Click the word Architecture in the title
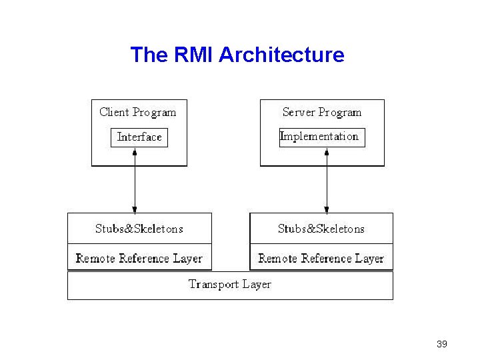(281, 55)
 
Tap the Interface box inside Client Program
(139, 137)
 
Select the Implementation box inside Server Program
(322, 137)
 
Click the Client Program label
(138, 112)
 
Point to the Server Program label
(321, 112)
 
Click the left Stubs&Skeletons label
(139, 229)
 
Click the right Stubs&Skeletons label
(321, 229)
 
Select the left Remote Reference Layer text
(139, 258)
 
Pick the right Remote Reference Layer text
(321, 258)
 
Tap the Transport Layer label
(229, 285)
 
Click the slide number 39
(441, 344)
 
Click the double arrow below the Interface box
(135, 180)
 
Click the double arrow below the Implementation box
(327, 180)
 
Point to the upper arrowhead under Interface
(135, 152)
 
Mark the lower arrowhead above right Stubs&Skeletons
(327, 209)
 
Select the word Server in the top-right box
(298, 112)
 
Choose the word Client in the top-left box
(114, 112)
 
